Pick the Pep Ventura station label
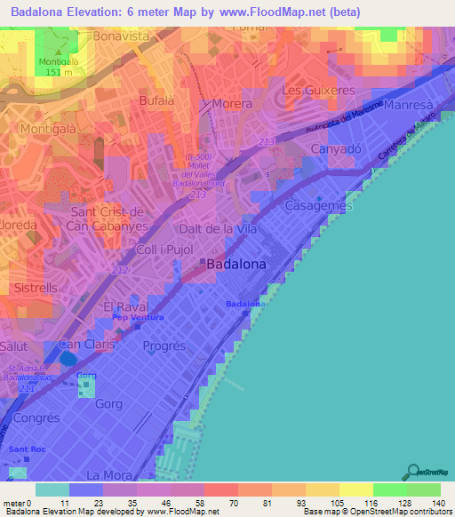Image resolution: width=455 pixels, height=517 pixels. coord(138,317)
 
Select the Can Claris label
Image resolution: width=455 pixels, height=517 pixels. coord(84,344)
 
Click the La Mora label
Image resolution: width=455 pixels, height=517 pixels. coord(103,473)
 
